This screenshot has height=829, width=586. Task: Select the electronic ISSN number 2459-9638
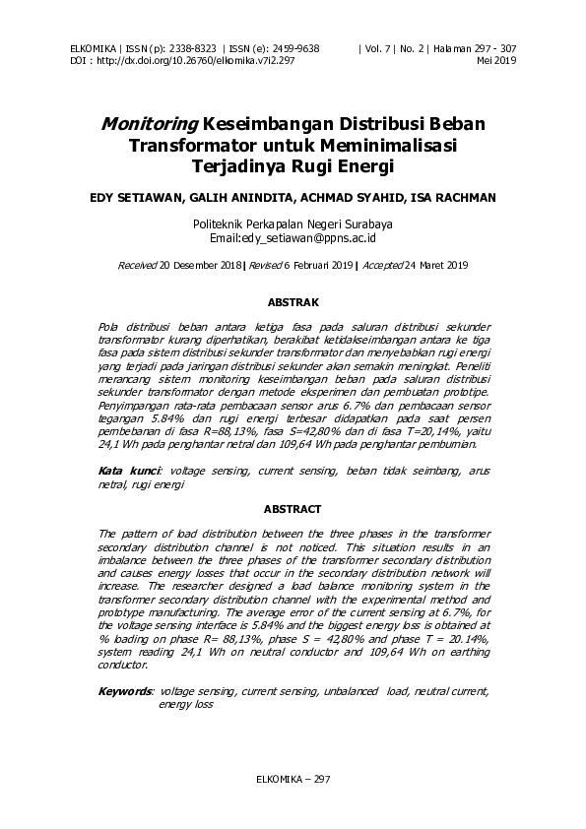(294, 48)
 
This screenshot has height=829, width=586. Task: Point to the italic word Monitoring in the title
(148, 125)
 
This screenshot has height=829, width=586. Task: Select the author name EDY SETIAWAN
(132, 197)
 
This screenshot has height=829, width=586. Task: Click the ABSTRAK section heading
(293, 302)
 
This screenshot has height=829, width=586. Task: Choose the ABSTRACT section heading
(293, 509)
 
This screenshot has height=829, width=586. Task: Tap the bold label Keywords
(125, 692)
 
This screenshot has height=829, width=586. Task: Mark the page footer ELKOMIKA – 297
(293, 779)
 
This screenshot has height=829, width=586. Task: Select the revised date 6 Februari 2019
(305, 266)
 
